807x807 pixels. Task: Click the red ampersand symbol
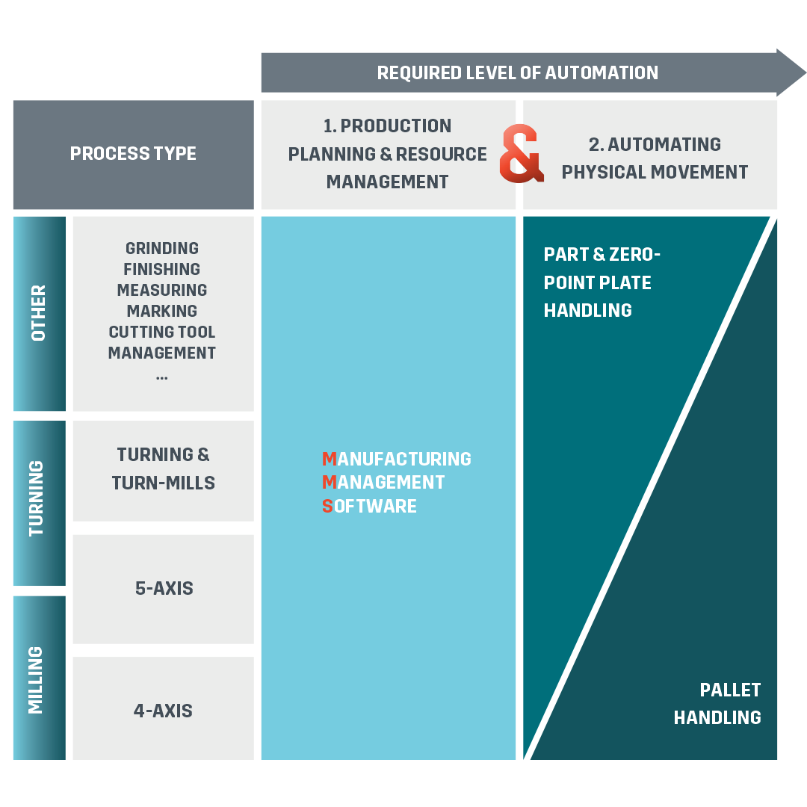point(521,154)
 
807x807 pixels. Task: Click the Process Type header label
point(133,154)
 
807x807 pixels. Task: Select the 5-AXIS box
point(164,588)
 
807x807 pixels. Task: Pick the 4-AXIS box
point(163,710)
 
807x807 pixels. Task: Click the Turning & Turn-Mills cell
point(163,469)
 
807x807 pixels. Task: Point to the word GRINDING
point(162,248)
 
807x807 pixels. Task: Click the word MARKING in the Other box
point(162,311)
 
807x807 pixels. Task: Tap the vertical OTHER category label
point(38,313)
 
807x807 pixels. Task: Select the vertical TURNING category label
point(37,498)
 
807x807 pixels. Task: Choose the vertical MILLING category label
point(36,680)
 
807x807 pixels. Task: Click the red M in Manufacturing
point(329,459)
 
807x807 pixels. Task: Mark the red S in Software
point(327,507)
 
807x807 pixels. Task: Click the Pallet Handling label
point(717,703)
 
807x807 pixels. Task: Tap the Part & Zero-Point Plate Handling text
point(602,282)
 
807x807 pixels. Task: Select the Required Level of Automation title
point(517,72)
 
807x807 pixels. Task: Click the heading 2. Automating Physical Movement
point(655,158)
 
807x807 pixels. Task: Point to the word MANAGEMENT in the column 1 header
point(387,182)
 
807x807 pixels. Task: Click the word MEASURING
point(162,290)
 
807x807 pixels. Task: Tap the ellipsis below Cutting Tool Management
point(162,376)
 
